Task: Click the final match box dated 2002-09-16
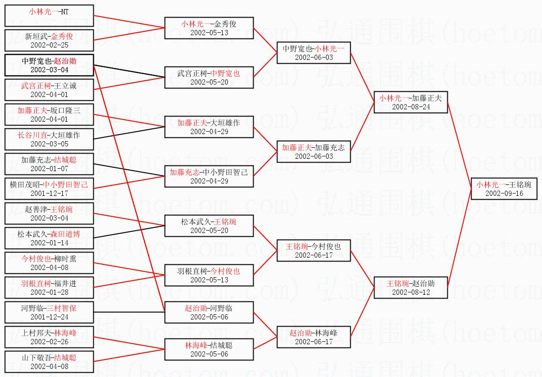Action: click(x=504, y=189)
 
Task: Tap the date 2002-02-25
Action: click(x=49, y=45)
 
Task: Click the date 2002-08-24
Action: click(x=411, y=106)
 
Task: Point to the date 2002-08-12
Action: click(x=411, y=292)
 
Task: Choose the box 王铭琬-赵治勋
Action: click(x=411, y=287)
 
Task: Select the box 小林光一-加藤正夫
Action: click(x=411, y=102)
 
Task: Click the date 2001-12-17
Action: click(x=49, y=193)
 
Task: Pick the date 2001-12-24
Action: click(x=49, y=317)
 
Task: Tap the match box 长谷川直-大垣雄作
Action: click(x=49, y=139)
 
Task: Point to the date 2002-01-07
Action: click(x=49, y=169)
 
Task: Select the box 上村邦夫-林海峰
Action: click(x=49, y=337)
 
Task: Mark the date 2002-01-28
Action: click(x=49, y=292)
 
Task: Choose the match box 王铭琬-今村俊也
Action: click(x=314, y=251)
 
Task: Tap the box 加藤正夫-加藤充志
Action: click(x=314, y=152)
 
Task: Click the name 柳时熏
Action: click(x=65, y=259)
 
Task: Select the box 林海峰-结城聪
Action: click(x=209, y=349)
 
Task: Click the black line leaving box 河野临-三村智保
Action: click(x=128, y=312)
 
